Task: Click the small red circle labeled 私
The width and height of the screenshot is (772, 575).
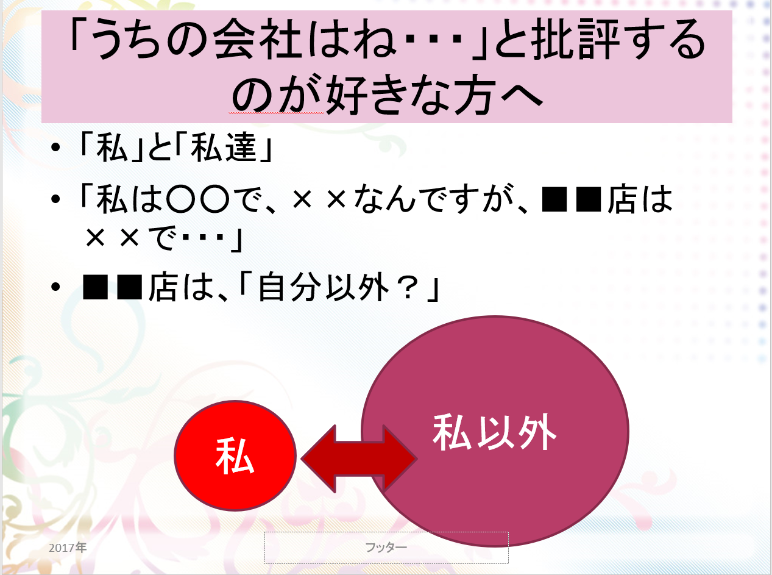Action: click(235, 455)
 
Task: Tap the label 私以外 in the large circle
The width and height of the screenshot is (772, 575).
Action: click(494, 432)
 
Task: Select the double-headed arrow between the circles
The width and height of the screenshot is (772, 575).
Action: click(359, 459)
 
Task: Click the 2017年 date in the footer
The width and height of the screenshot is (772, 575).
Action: click(68, 548)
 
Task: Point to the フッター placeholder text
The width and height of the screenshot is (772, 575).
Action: click(386, 547)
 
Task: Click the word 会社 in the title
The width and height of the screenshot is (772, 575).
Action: click(257, 38)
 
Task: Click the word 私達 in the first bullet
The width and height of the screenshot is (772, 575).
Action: click(224, 148)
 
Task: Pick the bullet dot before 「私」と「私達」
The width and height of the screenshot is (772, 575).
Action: click(55, 147)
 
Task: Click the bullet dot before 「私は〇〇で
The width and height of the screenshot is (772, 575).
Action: click(55, 199)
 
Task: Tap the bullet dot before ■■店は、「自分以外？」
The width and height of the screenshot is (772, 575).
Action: click(55, 287)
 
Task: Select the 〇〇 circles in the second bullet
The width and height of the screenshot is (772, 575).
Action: click(197, 199)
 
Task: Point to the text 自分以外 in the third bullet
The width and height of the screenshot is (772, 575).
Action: click(324, 287)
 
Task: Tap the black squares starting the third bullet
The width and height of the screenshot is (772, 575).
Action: click(113, 287)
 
